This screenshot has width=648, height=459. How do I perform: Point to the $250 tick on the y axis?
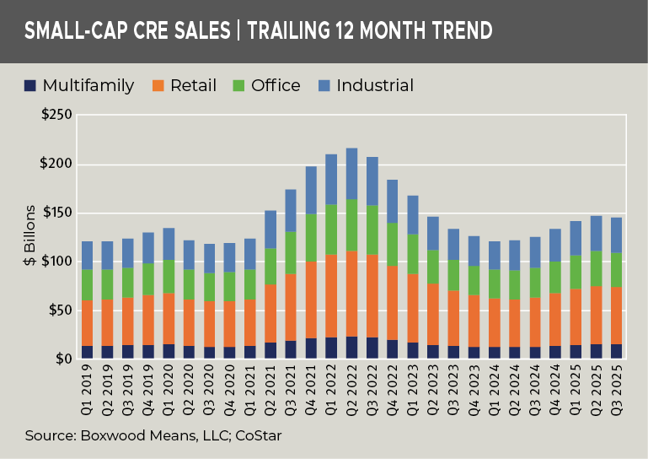point(56,115)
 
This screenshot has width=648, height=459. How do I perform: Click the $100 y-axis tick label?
point(56,262)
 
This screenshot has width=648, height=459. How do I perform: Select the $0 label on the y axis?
point(64,359)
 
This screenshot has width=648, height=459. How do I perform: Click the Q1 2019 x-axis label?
point(88,386)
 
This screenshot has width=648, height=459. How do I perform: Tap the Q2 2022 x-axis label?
point(352,386)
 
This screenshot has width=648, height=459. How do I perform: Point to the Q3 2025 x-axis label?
point(617,386)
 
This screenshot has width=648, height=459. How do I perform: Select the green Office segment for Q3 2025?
point(617,270)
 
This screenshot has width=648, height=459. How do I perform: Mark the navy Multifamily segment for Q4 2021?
point(311,348)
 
